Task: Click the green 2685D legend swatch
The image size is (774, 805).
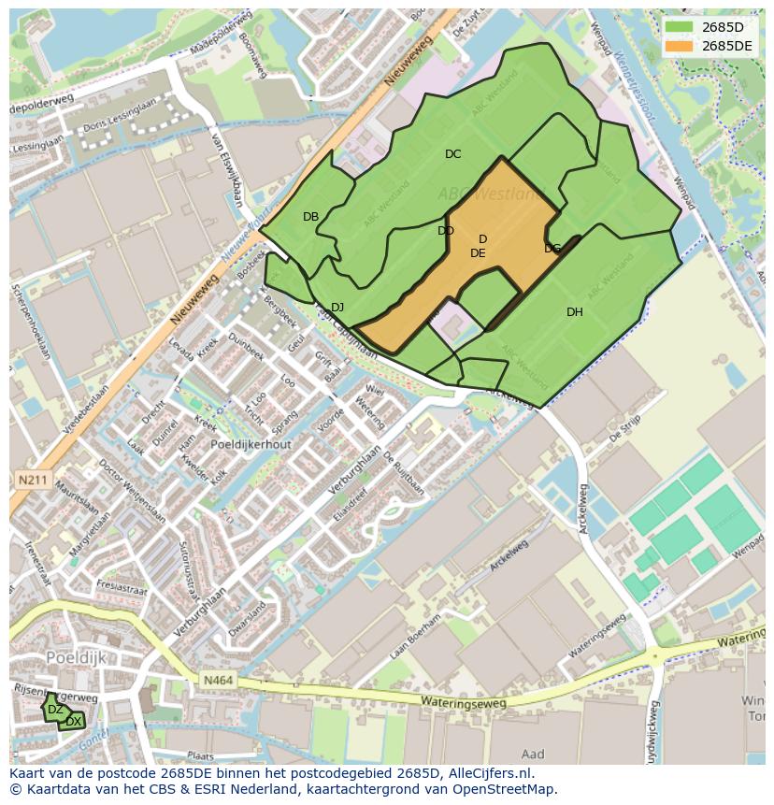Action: coord(680,27)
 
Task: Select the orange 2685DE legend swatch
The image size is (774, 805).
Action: coord(680,46)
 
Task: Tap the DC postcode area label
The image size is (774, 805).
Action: coord(452,154)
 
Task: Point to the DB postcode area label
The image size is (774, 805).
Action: coord(310,217)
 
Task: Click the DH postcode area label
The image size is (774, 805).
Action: coord(574,312)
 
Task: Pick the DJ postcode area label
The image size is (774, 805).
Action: coord(337,308)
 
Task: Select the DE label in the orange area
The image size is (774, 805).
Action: coord(478,253)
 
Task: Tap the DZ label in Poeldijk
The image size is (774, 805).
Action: coord(55,710)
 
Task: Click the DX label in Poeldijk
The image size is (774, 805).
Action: coord(73,722)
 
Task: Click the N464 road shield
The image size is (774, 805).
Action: coord(215,683)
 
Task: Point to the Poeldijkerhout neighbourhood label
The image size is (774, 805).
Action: coord(251,445)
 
